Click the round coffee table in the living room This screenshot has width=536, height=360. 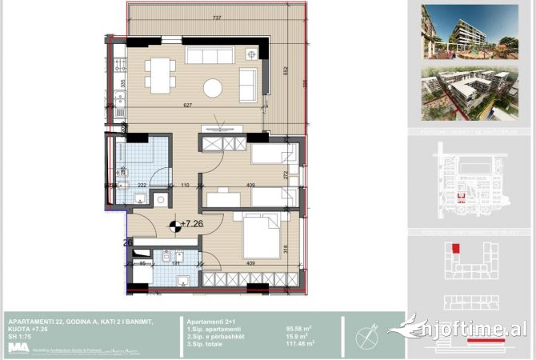[213, 87]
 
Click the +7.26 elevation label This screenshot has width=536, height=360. [192, 224]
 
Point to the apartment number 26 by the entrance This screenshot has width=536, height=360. [127, 242]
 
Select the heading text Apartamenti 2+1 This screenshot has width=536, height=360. [210, 318]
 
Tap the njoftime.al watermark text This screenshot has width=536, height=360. [480, 328]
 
